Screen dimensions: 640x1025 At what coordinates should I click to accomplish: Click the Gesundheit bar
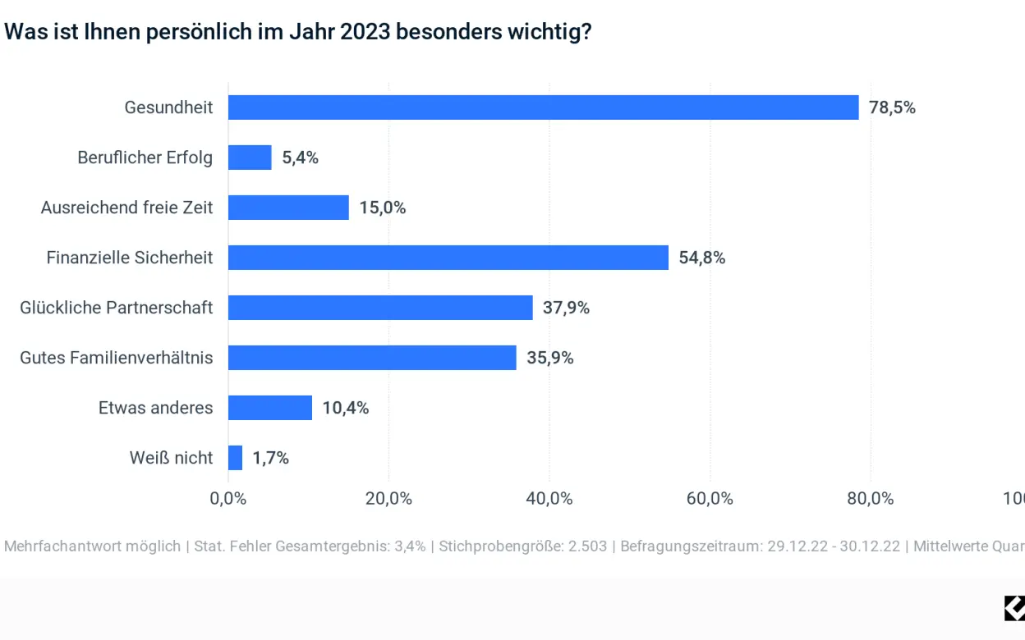pos(542,107)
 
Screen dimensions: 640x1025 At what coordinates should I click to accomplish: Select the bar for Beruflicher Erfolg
pos(250,158)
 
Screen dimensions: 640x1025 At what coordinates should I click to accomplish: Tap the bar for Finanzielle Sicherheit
pos(448,258)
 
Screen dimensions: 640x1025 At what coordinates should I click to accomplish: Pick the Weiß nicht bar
pos(235,458)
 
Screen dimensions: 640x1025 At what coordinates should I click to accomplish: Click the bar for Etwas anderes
pos(269,408)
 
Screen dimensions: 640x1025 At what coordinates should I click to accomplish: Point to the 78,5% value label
pos(892,107)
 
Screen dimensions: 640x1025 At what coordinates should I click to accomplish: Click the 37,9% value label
pos(566,308)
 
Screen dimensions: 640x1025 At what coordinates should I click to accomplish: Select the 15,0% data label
pos(382,208)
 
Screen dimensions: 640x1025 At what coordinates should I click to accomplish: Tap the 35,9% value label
pos(549,358)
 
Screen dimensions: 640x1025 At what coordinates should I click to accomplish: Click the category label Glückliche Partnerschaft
pos(117,308)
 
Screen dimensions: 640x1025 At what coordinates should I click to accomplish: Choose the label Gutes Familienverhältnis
pos(117,358)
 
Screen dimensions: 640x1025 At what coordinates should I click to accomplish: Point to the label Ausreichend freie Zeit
pos(126,208)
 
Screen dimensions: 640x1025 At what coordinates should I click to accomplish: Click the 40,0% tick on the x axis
pos(549,498)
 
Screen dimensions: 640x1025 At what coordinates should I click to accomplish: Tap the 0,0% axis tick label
pos(228,498)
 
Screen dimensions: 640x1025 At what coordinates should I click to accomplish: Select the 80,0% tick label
pos(870,498)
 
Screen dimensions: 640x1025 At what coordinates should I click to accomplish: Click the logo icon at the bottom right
pos(1014,608)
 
